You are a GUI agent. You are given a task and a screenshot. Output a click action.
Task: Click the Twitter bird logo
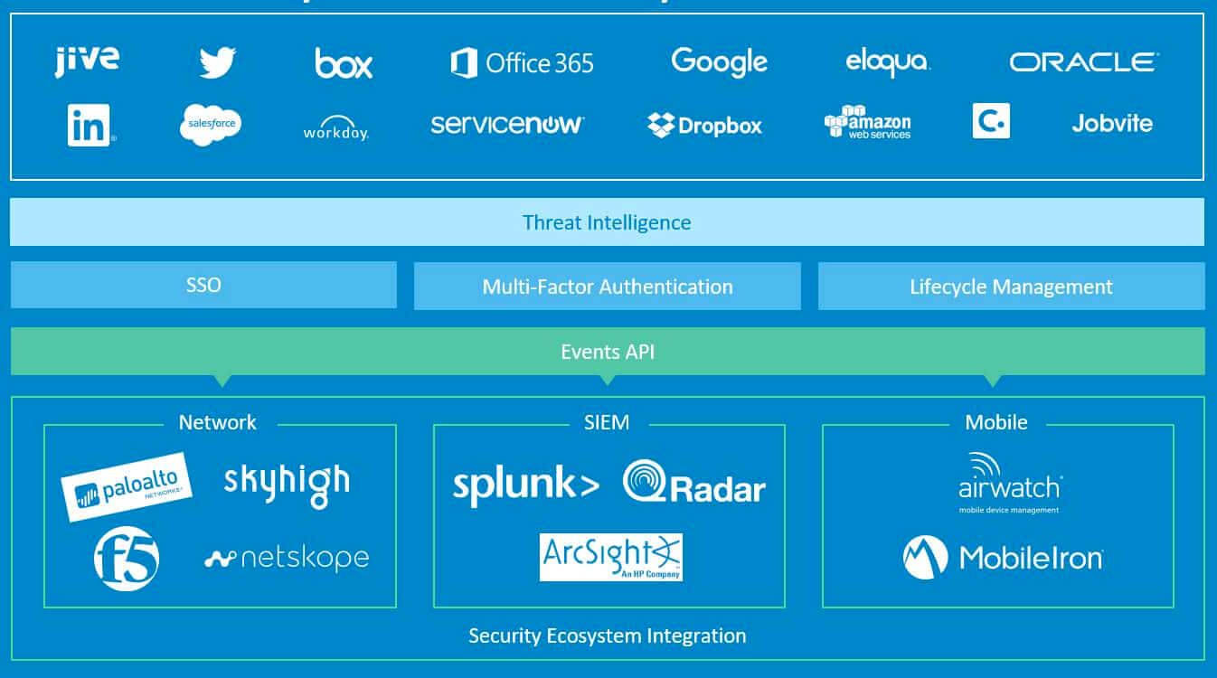pos(218,62)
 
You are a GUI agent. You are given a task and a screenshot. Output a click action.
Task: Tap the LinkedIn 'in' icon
pos(89,125)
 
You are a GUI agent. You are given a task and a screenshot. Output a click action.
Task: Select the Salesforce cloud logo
pos(210,125)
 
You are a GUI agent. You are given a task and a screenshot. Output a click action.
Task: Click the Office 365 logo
pos(522,62)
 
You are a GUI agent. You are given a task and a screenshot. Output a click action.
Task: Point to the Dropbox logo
pos(704,126)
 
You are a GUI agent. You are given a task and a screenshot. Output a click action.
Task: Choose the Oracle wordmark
pos(1083,62)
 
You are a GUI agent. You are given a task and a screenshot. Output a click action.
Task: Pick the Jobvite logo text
pos(1112,123)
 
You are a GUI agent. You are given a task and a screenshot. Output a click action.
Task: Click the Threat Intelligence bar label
pos(607,222)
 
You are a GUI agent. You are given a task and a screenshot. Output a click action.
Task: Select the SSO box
pos(203,286)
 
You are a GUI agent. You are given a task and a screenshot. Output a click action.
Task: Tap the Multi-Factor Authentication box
pos(608,287)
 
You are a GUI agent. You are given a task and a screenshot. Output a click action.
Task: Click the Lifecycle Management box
pos(1011,287)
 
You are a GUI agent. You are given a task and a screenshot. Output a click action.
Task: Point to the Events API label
pos(608,352)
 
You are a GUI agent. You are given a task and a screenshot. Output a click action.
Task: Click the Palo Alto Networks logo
pos(127,486)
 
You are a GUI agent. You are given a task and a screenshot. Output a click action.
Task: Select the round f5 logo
pos(127,559)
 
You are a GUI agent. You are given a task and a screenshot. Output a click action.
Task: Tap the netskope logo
pos(287,559)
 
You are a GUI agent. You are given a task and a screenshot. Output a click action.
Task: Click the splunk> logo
pos(525,485)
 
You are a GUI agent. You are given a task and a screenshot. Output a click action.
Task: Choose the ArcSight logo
pos(610,557)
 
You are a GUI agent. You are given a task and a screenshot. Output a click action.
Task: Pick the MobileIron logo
pos(1003,557)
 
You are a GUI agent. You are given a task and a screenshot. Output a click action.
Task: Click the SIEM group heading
pos(607,422)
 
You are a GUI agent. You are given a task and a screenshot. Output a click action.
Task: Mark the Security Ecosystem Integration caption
pos(608,636)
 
